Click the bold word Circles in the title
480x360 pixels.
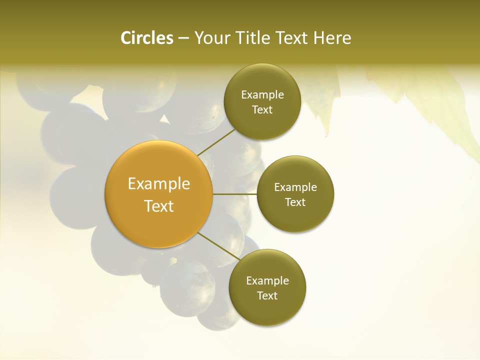(x=146, y=38)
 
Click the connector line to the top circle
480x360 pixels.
(x=216, y=142)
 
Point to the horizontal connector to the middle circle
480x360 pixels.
(x=234, y=194)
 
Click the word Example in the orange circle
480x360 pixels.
(x=159, y=184)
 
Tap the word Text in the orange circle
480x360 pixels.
(x=159, y=206)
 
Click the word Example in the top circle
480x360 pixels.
(x=262, y=95)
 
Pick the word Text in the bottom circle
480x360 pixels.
(x=267, y=296)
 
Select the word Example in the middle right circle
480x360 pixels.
(x=295, y=187)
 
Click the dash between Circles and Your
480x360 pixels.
(x=183, y=38)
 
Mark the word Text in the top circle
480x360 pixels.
(x=262, y=110)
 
